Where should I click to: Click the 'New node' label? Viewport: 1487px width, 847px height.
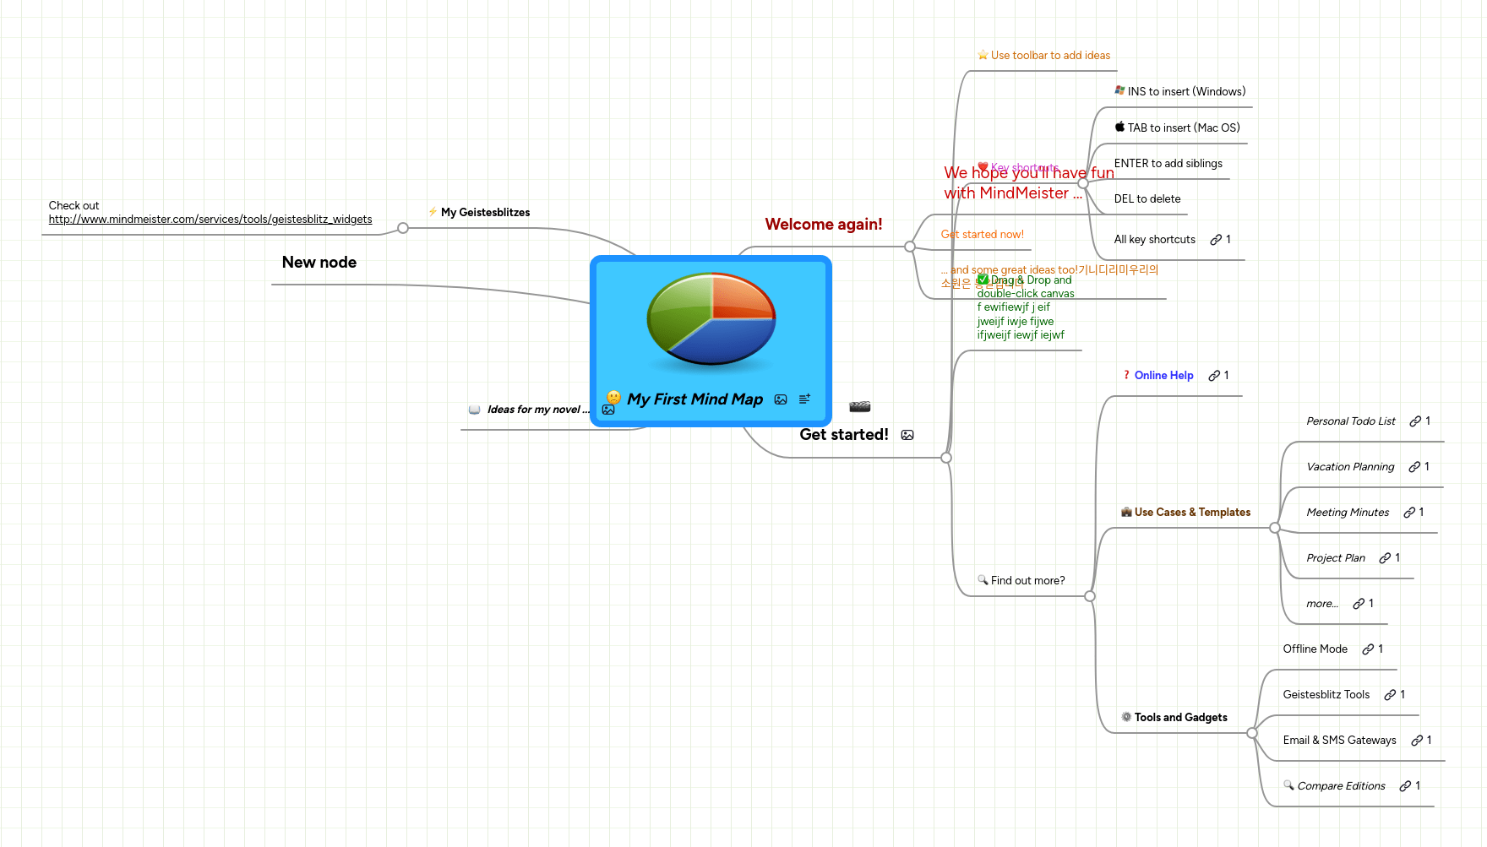click(x=319, y=263)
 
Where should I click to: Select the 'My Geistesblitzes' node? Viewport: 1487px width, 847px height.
click(x=485, y=213)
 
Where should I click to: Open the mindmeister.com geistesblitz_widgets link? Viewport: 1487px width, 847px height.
click(x=210, y=220)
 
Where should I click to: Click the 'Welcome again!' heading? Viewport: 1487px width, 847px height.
click(x=823, y=225)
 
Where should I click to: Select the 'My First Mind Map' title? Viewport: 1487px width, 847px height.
click(x=694, y=399)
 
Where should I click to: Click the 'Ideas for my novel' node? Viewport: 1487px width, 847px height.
click(x=534, y=410)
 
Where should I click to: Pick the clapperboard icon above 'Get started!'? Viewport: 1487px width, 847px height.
click(x=859, y=407)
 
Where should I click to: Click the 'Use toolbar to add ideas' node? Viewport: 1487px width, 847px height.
click(x=1049, y=56)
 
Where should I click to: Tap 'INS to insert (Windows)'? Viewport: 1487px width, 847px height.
click(x=1185, y=92)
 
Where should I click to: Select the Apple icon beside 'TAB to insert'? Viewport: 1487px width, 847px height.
click(x=1119, y=128)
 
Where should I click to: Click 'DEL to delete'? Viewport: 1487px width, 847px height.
click(x=1147, y=199)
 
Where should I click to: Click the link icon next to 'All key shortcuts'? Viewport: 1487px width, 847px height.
click(x=1216, y=240)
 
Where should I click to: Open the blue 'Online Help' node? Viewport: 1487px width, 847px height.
click(x=1163, y=376)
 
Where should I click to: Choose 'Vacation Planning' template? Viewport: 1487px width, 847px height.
click(x=1349, y=467)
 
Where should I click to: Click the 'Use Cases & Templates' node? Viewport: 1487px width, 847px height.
click(x=1191, y=513)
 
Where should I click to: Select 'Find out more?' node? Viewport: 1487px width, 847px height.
click(x=1027, y=581)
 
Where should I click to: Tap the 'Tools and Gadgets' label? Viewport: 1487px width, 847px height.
click(x=1179, y=718)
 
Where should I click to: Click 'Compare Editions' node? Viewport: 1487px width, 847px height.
click(x=1340, y=786)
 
